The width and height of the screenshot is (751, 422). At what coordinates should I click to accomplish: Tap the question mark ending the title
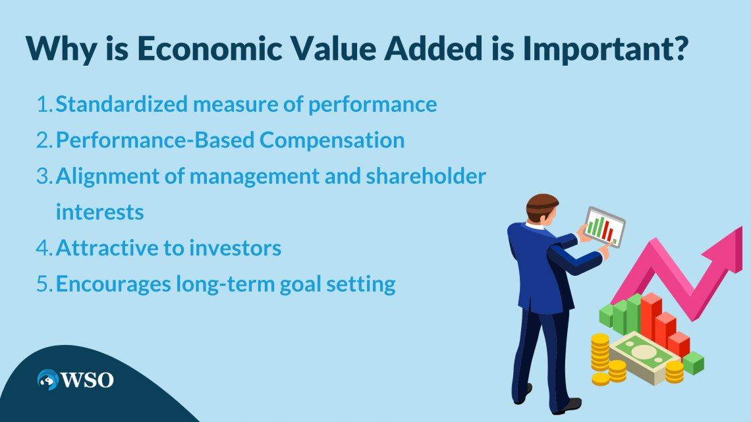point(680,47)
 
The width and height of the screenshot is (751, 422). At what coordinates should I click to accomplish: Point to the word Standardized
point(122,104)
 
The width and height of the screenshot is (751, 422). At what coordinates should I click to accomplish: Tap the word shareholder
point(426,176)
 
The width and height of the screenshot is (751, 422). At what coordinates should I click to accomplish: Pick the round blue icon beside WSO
point(48,380)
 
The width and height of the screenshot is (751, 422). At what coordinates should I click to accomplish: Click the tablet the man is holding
point(605,226)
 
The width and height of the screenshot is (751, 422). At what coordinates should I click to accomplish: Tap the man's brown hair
point(542,204)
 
